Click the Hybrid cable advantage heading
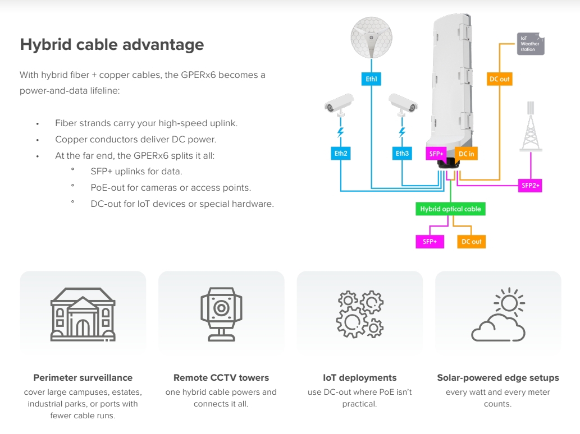tap(112, 44)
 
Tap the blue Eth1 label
tap(371, 80)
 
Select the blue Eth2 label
tap(340, 153)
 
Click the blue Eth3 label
tap(402, 153)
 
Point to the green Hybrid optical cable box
tap(450, 209)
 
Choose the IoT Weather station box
tap(531, 44)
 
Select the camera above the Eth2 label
tap(340, 104)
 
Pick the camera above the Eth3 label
tap(403, 104)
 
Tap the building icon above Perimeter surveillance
tap(83, 314)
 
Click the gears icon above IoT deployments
tap(360, 313)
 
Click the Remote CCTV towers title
tap(221, 377)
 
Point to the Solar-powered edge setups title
tap(498, 377)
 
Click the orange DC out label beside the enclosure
tap(499, 79)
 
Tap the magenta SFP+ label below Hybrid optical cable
tap(430, 242)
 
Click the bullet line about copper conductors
tap(135, 139)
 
